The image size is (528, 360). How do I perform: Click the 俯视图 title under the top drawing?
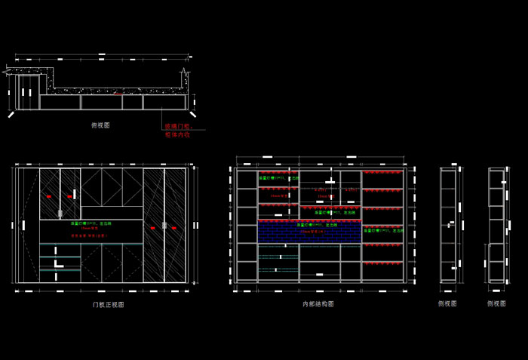coord(100,125)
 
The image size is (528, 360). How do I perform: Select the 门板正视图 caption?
coord(108,305)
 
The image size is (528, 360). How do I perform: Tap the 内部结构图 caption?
coord(318,304)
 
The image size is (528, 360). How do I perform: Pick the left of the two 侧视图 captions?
coord(447,303)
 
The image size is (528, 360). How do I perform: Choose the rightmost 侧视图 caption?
coord(496,303)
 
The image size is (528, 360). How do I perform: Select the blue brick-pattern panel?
coord(309,232)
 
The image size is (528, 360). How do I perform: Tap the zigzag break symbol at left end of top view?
coord(7,72)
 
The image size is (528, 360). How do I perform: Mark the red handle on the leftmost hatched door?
coord(49,196)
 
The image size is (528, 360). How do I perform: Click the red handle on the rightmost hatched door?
coord(175,226)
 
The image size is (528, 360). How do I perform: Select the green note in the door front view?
coord(91,224)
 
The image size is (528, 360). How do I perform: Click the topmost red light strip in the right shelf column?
coord(383,173)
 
